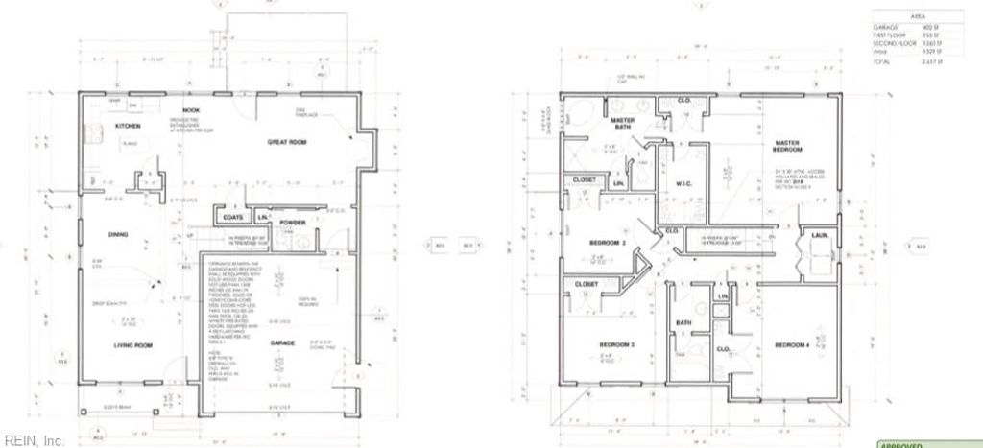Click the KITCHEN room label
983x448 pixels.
[x=129, y=126]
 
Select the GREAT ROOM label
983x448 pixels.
[x=286, y=141]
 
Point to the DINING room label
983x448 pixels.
[x=118, y=234]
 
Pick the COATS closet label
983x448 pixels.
[x=233, y=217]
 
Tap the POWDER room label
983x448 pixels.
[x=294, y=224]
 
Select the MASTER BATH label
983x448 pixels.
[x=624, y=123]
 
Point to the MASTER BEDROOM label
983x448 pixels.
[x=788, y=147]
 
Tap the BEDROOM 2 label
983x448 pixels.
[x=609, y=242]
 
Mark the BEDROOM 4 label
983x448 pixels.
[x=791, y=343]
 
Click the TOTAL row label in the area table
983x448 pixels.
[x=881, y=61]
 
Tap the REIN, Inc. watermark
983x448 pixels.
[x=33, y=440]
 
